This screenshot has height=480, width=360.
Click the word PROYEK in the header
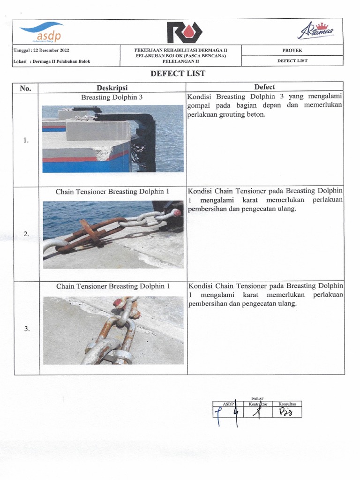[x=292, y=50]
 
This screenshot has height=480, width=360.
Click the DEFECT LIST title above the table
[x=178, y=74]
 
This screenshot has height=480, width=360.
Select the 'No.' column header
[x=25, y=88]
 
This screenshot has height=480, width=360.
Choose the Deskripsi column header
[x=112, y=88]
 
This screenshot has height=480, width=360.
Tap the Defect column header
[x=264, y=87]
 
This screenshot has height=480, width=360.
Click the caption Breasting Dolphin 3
[x=112, y=97]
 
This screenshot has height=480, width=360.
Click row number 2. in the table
[x=27, y=234]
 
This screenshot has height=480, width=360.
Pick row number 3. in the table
[x=27, y=329]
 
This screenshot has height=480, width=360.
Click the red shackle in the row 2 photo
[x=176, y=212]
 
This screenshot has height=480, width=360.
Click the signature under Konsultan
[x=286, y=412]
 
